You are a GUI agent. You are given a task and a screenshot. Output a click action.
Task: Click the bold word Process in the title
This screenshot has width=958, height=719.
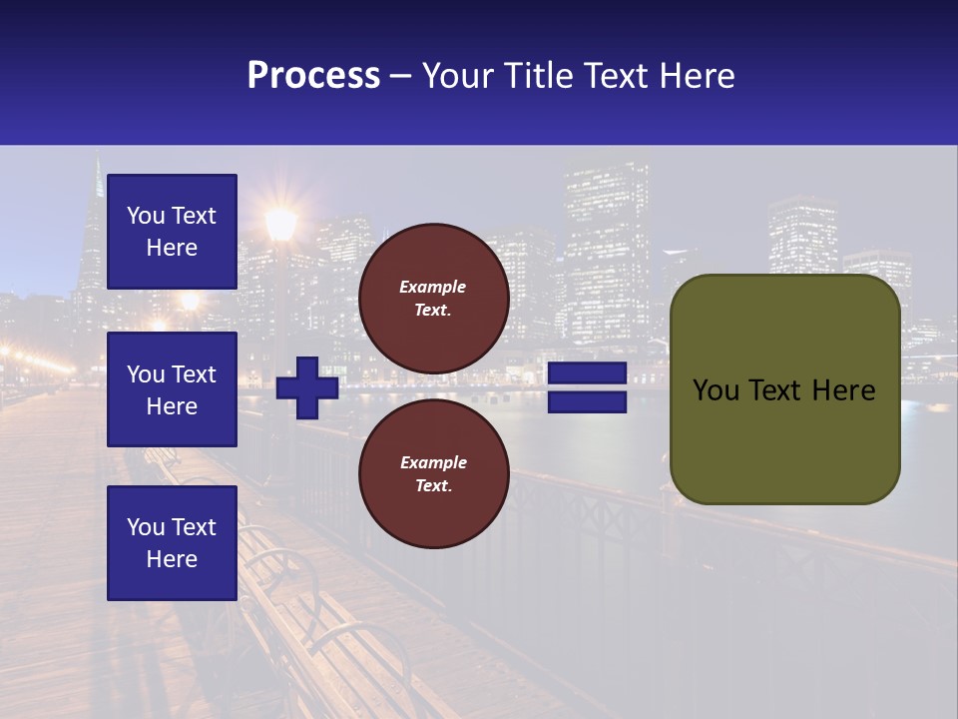pos(313,75)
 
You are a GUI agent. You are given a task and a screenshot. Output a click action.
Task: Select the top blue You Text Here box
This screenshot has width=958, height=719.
pos(172,232)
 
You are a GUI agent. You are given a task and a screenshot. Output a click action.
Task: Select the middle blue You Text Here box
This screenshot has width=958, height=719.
pos(172,389)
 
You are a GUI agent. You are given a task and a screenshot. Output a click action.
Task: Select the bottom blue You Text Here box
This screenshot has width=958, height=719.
pos(172,542)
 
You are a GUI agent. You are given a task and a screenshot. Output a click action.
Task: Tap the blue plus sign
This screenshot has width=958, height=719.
pos(307,387)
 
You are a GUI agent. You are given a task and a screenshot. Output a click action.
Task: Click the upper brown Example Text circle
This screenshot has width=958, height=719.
pos(433,299)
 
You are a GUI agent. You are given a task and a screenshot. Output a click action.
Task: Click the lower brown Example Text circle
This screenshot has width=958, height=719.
pos(433,474)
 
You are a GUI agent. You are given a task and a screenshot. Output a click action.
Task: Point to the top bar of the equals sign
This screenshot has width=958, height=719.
pos(587,373)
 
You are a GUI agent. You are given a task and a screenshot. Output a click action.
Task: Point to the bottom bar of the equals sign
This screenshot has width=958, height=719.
pos(587,402)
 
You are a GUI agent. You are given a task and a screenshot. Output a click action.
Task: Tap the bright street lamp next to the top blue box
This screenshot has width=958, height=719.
pos(281,222)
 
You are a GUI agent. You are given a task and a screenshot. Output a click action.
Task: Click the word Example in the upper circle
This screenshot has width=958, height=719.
pos(433,287)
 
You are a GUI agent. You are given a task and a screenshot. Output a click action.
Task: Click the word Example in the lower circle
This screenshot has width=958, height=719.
pos(433,462)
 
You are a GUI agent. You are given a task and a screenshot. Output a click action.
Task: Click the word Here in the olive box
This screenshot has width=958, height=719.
pos(843,390)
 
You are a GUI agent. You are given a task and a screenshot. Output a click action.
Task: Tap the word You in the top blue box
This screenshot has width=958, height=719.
pos(146,216)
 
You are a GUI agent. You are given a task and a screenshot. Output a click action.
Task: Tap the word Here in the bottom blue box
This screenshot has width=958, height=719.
pos(172,559)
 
